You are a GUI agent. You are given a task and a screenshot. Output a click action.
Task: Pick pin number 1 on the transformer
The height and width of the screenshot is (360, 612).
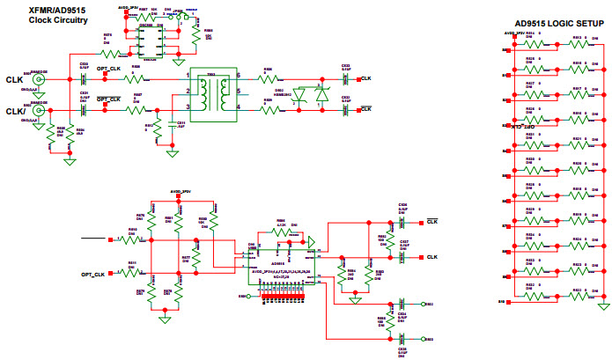tap(188, 77)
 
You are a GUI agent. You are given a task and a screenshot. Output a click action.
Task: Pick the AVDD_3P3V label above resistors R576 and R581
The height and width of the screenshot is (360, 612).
tap(180, 191)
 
